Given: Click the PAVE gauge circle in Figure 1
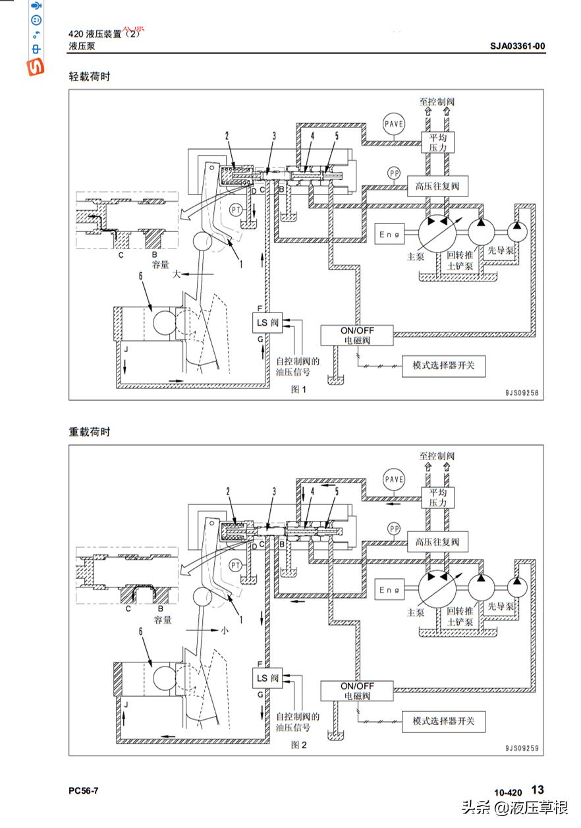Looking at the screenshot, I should pyautogui.click(x=394, y=123).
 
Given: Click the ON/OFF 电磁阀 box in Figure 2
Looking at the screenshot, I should pyautogui.click(x=356, y=691).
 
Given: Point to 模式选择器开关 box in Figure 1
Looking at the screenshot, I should pyautogui.click(x=443, y=365).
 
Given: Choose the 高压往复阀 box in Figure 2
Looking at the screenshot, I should pyautogui.click(x=437, y=543).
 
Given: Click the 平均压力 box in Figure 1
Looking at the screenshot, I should pyautogui.click(x=437, y=142).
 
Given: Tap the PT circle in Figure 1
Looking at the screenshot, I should pyautogui.click(x=236, y=210).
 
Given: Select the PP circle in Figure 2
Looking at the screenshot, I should pyautogui.click(x=394, y=529).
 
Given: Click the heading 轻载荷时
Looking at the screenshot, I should pyautogui.click(x=89, y=76).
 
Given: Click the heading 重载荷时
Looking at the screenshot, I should pyautogui.click(x=89, y=432).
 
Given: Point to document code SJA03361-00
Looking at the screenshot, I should pyautogui.click(x=517, y=46).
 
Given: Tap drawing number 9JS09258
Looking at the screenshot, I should pyautogui.click(x=522, y=393).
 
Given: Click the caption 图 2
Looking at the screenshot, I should pyautogui.click(x=299, y=745).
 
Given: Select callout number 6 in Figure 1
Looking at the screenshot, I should pyautogui.click(x=140, y=278).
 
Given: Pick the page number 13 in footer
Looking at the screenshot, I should pyautogui.click(x=538, y=790).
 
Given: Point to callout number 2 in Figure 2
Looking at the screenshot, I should pyautogui.click(x=227, y=491).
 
